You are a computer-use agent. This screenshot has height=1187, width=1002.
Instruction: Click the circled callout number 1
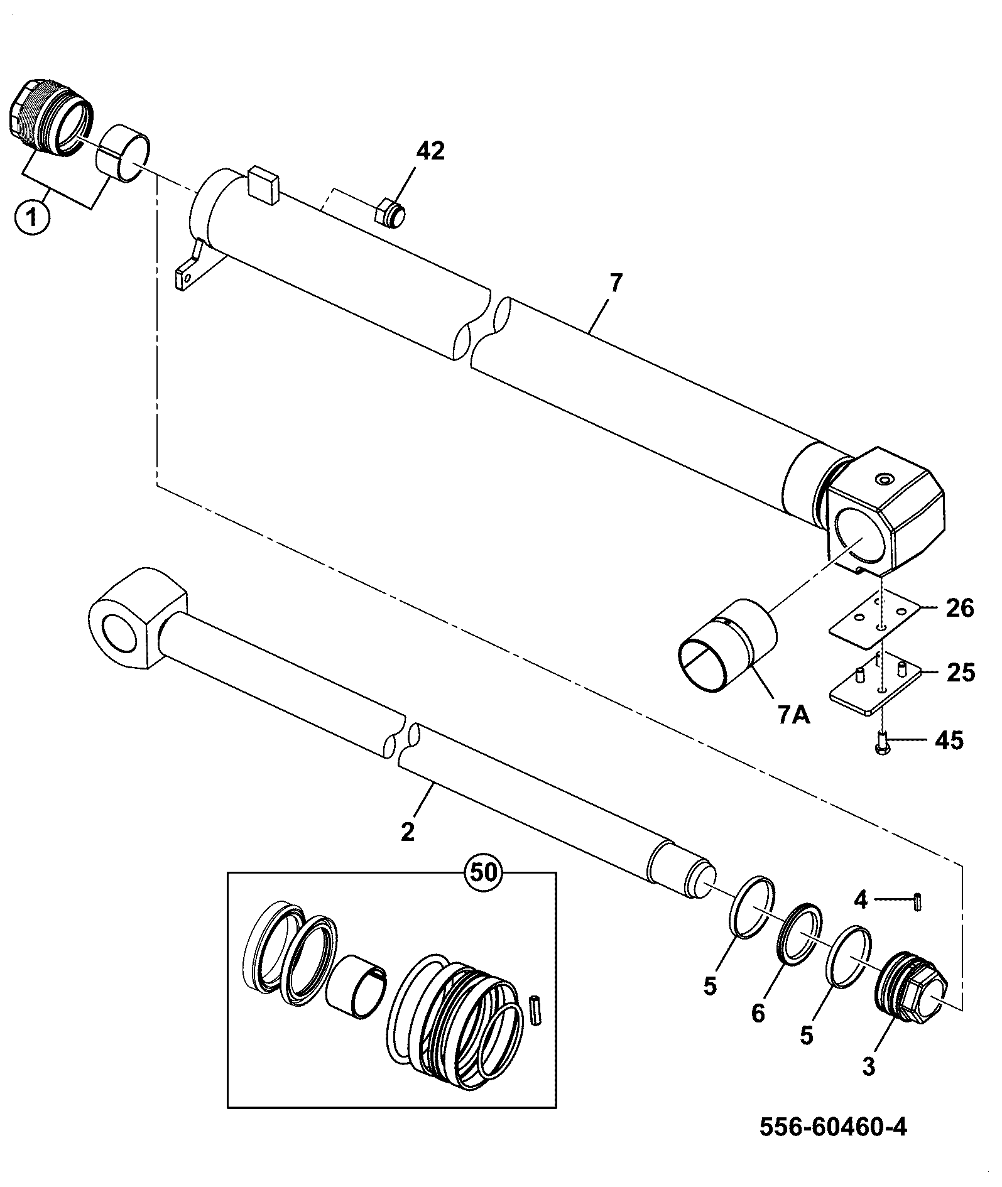click(31, 218)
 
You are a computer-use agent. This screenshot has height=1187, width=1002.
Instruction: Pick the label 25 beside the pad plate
click(960, 673)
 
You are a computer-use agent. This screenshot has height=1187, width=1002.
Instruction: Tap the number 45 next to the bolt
click(949, 740)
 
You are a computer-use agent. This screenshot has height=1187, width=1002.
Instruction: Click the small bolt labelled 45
click(882, 742)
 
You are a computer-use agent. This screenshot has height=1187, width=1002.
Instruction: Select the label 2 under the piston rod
click(408, 832)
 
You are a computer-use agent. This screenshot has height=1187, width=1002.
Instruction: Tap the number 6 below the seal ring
click(758, 1012)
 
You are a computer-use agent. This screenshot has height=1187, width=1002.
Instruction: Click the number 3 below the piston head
click(868, 1066)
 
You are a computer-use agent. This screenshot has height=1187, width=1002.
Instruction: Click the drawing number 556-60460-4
click(834, 1127)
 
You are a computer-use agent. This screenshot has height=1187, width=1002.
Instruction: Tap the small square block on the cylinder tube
click(263, 185)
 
